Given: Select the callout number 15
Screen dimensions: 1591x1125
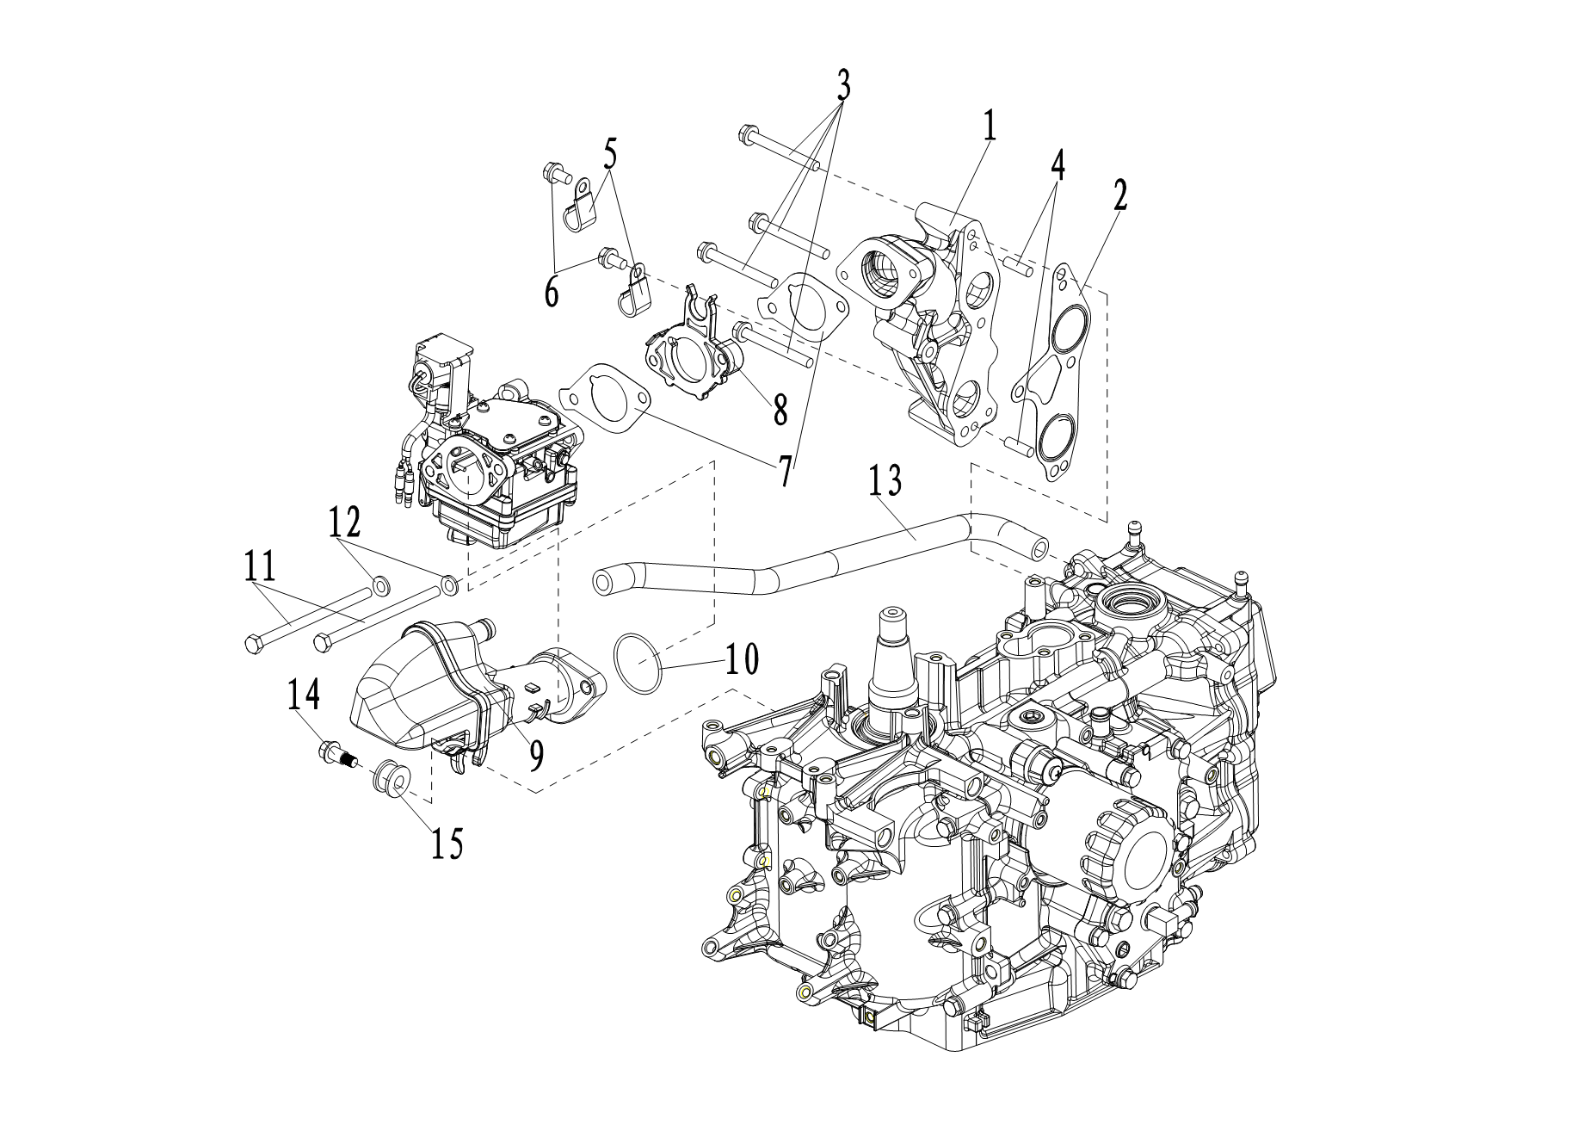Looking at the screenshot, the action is (x=446, y=843).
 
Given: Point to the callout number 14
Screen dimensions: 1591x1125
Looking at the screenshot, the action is (x=304, y=695).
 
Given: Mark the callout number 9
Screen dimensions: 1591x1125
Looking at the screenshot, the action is (x=536, y=755).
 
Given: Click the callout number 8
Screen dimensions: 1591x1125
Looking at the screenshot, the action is (x=780, y=410).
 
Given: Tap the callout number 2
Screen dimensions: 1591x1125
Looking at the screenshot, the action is (x=1119, y=196).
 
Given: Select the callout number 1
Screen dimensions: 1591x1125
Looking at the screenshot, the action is (x=990, y=126).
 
